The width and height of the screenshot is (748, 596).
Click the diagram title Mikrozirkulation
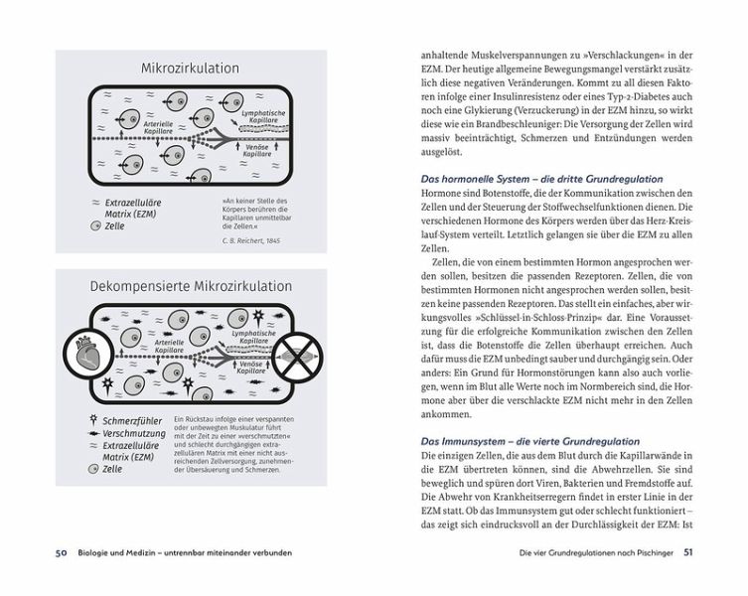click(x=190, y=69)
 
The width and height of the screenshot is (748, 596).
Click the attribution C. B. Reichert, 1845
click(x=249, y=240)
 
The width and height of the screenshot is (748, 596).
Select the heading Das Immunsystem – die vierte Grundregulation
click(x=525, y=440)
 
